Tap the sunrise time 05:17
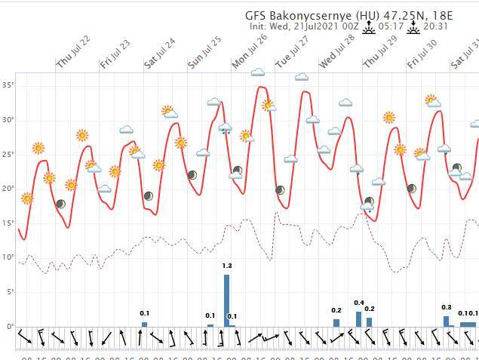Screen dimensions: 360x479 coord(391,26)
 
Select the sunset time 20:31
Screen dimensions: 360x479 coord(436,26)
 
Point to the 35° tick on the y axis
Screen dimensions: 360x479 coord(8,85)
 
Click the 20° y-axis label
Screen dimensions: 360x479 coord(8,189)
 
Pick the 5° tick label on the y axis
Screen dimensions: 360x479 coord(9,292)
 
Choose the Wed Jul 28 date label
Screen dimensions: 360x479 coord(338,52)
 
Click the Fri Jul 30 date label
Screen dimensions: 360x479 coord(422,54)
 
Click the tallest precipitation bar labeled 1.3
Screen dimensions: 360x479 coord(226,300)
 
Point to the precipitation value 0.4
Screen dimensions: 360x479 coord(359,303)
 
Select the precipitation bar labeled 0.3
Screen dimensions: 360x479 coord(447,321)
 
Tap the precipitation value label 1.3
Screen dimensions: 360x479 coord(227,266)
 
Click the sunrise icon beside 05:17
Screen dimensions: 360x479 coord(370,27)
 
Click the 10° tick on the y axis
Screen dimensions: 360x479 coord(8,257)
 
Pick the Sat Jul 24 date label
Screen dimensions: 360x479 coord(161,52)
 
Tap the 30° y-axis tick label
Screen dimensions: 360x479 coord(8,120)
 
